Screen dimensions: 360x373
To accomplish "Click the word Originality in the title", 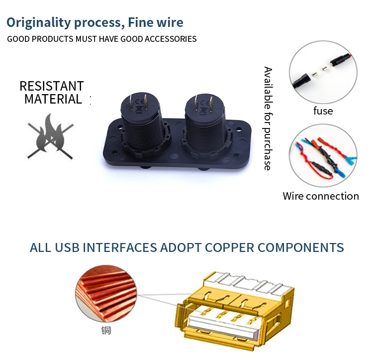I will pos(39,22).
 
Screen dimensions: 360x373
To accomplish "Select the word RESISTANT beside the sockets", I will pos(52,86).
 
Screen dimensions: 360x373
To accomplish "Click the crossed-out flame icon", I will pos(50,133).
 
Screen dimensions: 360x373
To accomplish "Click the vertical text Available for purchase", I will pos(268,118).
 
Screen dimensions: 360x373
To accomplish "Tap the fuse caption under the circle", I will pos(323,111).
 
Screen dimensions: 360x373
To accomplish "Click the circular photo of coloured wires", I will pos(324,154).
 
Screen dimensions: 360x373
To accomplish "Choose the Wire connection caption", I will pos(321,196).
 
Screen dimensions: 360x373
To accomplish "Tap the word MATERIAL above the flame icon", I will pos(53,99).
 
